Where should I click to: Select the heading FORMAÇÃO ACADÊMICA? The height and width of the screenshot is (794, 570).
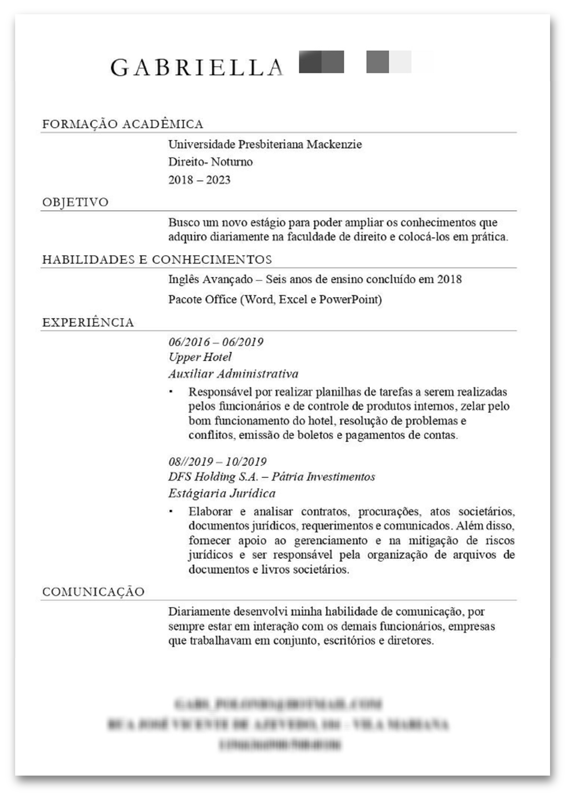click(123, 124)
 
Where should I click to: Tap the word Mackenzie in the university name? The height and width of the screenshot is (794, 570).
click(334, 145)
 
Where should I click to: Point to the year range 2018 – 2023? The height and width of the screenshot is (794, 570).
click(199, 180)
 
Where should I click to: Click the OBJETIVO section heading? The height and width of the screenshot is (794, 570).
click(75, 202)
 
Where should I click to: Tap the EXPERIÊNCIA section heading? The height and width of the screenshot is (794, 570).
click(88, 322)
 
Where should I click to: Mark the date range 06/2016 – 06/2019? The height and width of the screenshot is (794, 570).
click(216, 342)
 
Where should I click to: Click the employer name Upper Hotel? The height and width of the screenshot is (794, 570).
click(200, 357)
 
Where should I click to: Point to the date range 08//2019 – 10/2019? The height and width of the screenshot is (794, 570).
click(217, 462)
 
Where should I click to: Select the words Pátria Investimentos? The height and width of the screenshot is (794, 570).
click(323, 477)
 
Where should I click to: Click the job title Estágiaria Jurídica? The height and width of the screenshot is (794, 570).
click(222, 494)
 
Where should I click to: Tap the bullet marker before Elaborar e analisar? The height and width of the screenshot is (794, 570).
click(171, 511)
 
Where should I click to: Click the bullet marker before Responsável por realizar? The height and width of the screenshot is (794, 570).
click(171, 392)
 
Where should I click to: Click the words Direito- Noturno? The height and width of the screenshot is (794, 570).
click(210, 162)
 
